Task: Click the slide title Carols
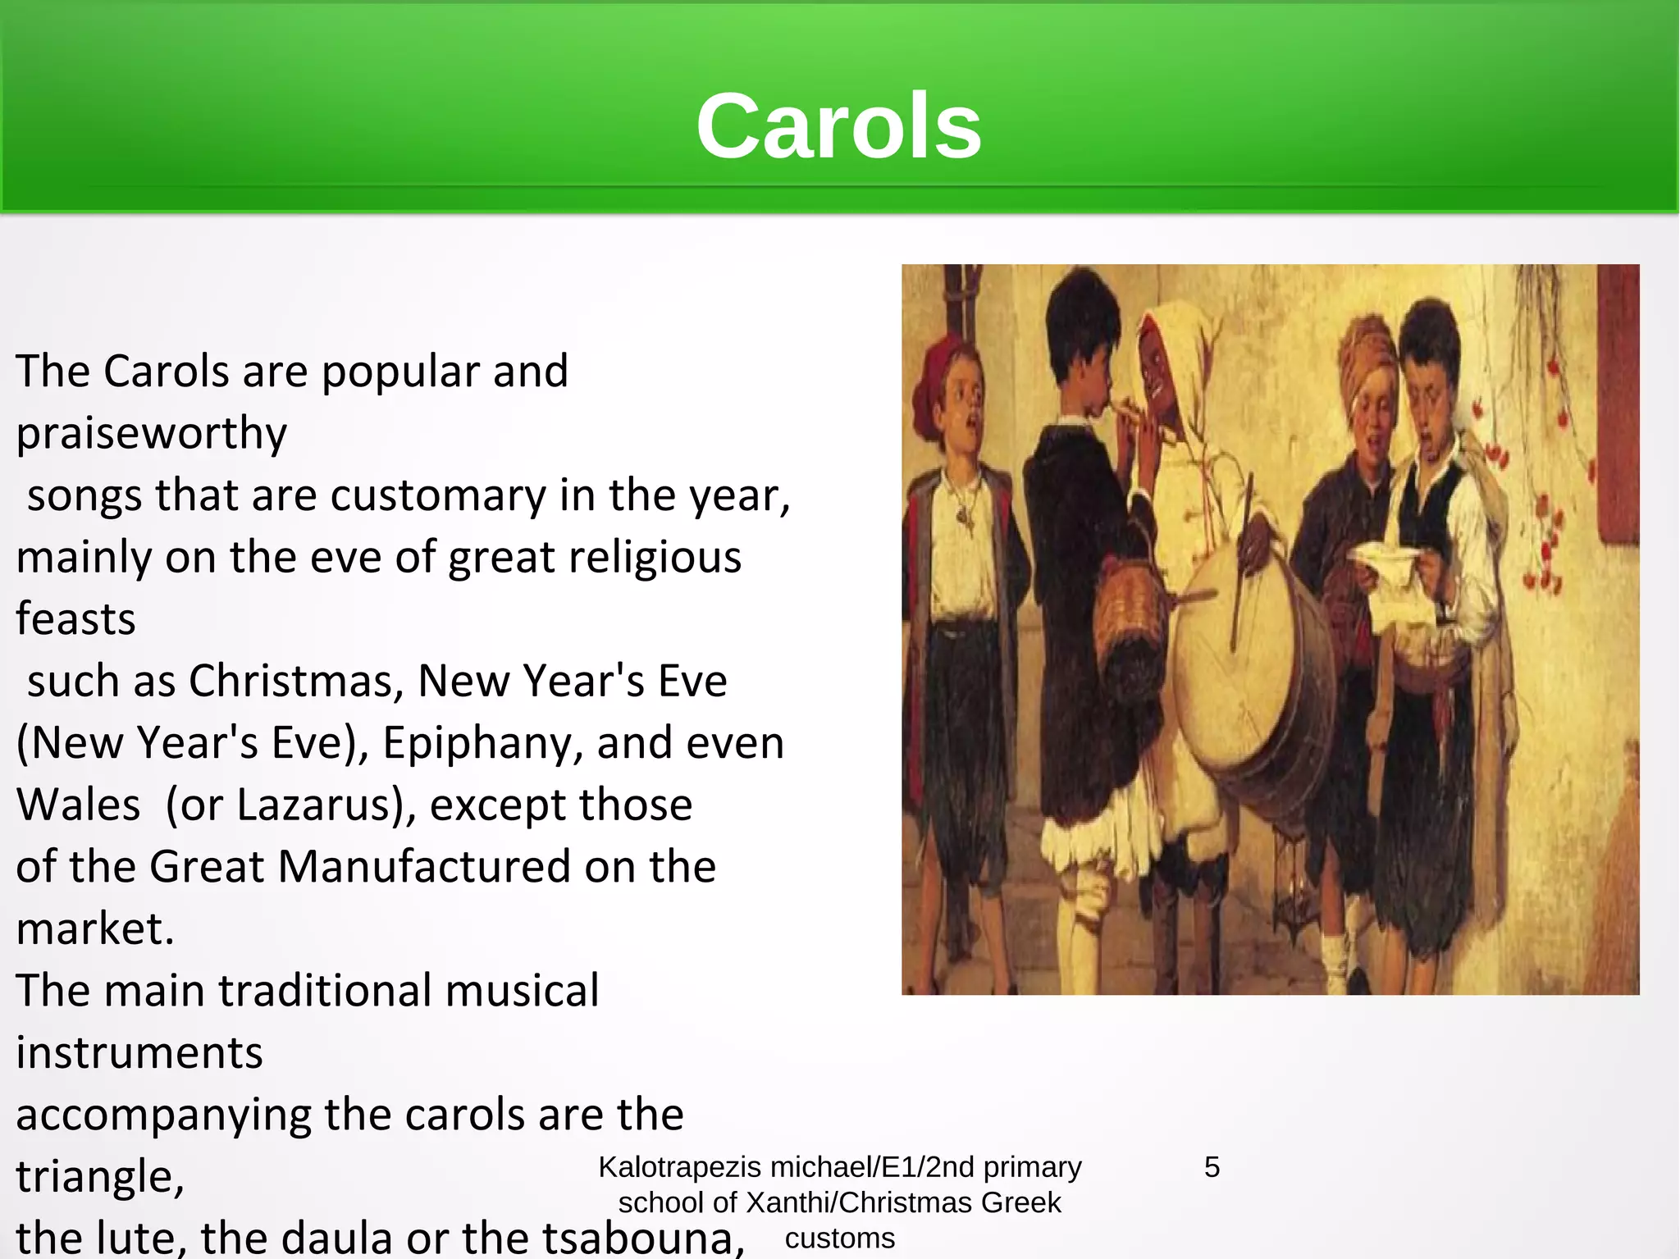tap(838, 126)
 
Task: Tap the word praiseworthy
tap(152, 433)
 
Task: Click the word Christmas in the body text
tap(296, 681)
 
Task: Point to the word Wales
tap(78, 805)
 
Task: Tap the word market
tap(92, 929)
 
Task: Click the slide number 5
tap(1212, 1167)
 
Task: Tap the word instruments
tap(139, 1053)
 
